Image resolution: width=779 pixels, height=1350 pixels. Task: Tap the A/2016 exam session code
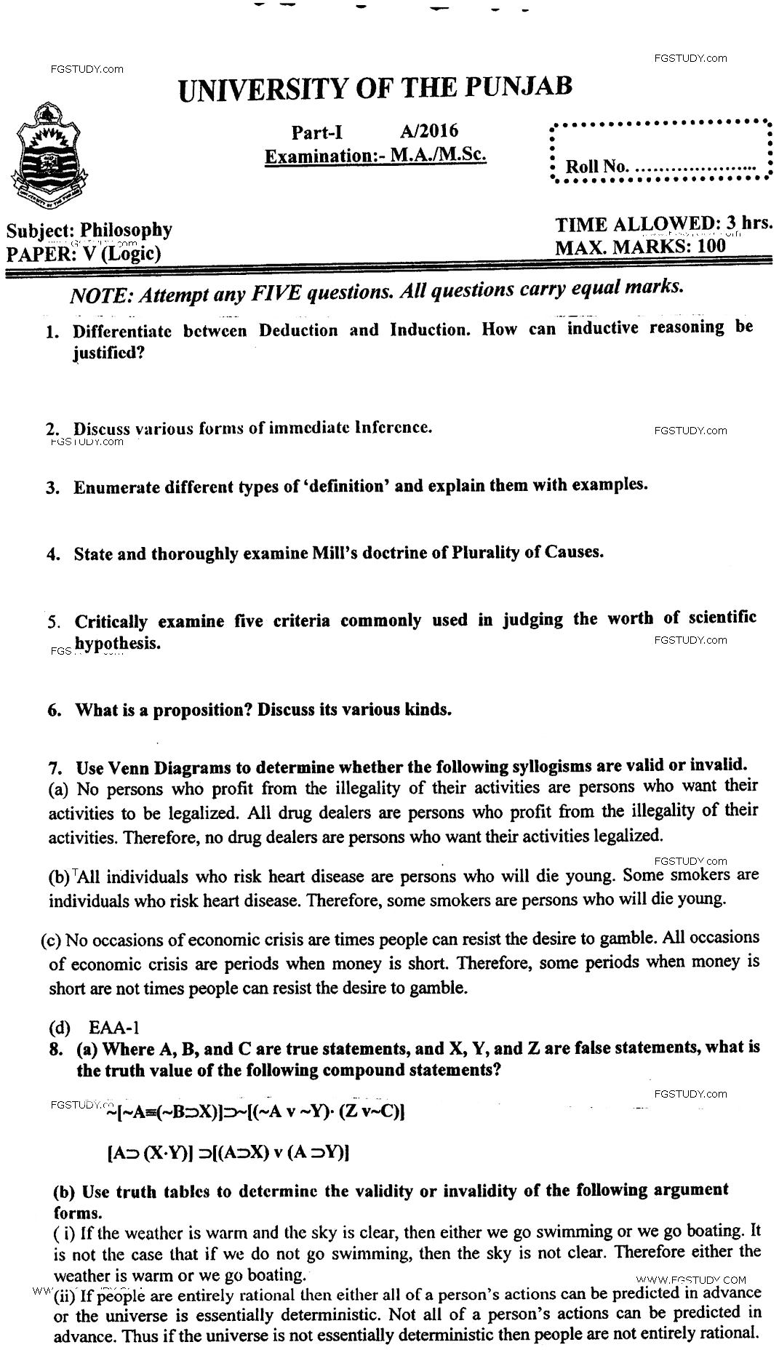pyautogui.click(x=429, y=131)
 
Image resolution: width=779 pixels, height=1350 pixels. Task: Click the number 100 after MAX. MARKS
pyautogui.click(x=711, y=246)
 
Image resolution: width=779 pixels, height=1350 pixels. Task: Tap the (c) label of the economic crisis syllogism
pyautogui.click(x=52, y=939)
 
